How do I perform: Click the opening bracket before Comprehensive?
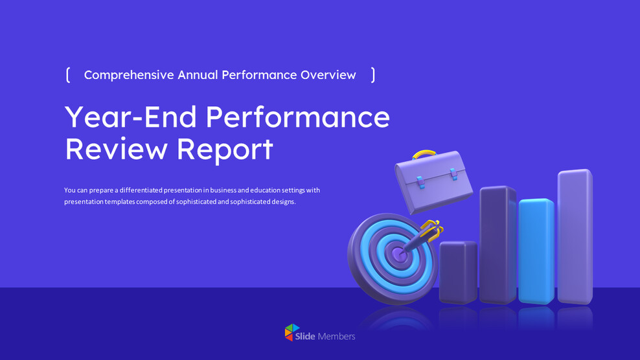coord(68,75)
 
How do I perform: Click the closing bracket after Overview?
coord(373,75)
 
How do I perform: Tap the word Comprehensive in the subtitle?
coord(129,75)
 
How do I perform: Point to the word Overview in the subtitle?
coord(328,74)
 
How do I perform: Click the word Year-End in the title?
coord(131,117)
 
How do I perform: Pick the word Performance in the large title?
coord(298,117)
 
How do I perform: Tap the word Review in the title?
coord(117,149)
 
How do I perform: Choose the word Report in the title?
coord(225,150)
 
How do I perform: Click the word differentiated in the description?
coord(141,190)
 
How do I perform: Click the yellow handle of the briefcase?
coord(424,154)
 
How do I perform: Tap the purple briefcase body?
coord(434,182)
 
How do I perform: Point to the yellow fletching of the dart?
coord(433,228)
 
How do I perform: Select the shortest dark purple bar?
coord(458,272)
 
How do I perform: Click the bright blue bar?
coord(536,251)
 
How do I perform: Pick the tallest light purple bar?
coord(575,237)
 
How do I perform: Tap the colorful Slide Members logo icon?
coord(292,332)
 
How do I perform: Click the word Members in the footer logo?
coord(336,336)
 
